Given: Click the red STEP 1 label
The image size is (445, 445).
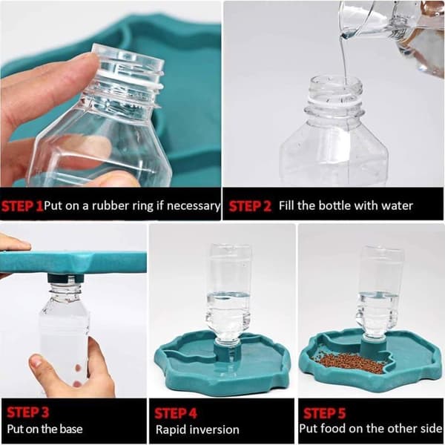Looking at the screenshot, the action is tap(22, 205).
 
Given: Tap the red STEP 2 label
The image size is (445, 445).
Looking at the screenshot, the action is tap(250, 206).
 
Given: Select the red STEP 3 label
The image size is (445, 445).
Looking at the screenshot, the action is tap(27, 412).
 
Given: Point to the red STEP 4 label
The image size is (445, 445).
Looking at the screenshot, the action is tap(176, 414).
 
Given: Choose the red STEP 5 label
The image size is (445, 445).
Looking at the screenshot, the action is tap(324, 413).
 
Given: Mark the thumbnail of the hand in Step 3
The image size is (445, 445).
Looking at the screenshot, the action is tap(36, 362).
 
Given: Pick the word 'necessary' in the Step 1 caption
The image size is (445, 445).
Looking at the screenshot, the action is tap(194, 206).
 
